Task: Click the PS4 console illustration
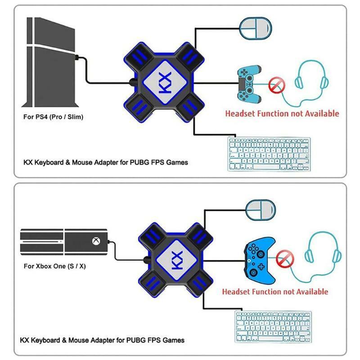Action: pos(50,62)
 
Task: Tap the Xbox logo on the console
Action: pos(96,241)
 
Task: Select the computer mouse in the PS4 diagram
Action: pos(256,28)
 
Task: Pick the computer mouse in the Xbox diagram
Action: pos(261,210)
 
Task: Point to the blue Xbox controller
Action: pos(260,261)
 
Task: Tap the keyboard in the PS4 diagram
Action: pos(269,154)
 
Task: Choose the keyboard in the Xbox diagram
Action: pos(273,327)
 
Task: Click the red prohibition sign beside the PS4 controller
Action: pos(277,85)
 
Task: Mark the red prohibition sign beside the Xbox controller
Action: pos(285,259)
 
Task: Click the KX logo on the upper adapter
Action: pos(165,82)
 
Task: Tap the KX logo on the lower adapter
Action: pos(177,260)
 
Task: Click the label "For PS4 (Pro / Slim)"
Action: pos(53,117)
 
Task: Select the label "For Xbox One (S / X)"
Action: pos(54,266)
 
